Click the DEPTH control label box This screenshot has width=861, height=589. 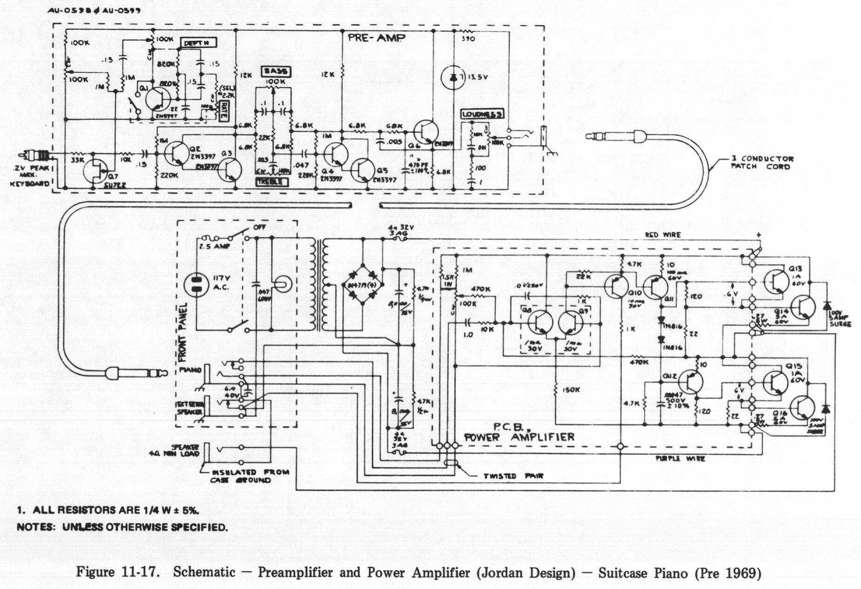(x=198, y=43)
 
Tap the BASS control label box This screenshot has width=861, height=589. (x=276, y=71)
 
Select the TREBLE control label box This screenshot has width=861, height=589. (x=272, y=182)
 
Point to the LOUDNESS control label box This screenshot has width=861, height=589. (x=482, y=114)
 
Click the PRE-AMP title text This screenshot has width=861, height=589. (x=376, y=38)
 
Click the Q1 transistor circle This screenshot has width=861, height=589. (x=158, y=99)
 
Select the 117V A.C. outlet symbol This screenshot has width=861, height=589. (x=196, y=285)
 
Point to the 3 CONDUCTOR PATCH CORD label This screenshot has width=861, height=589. (x=762, y=163)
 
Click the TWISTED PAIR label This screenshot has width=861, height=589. (x=513, y=476)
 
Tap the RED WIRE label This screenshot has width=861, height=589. (x=663, y=235)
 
